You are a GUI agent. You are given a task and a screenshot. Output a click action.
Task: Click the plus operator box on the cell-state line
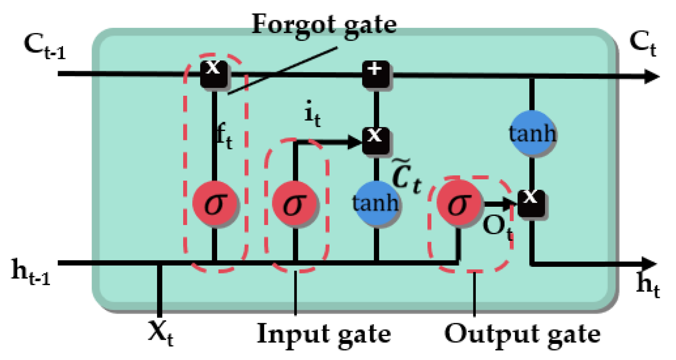pos(376,74)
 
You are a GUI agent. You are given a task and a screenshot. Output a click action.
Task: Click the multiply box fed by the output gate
pos(531,203)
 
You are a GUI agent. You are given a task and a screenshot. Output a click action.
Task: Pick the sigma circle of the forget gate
pos(215,203)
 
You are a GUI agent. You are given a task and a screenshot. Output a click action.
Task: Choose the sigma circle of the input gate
pos(295,203)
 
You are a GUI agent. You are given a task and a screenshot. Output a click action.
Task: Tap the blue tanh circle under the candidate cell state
pos(376,203)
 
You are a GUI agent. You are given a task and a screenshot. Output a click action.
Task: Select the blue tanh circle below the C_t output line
pos(532,133)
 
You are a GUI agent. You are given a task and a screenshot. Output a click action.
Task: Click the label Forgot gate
pos(324,25)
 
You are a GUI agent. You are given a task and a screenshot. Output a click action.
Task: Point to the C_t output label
pos(642,44)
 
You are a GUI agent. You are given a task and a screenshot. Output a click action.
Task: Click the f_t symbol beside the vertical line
pos(224,137)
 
